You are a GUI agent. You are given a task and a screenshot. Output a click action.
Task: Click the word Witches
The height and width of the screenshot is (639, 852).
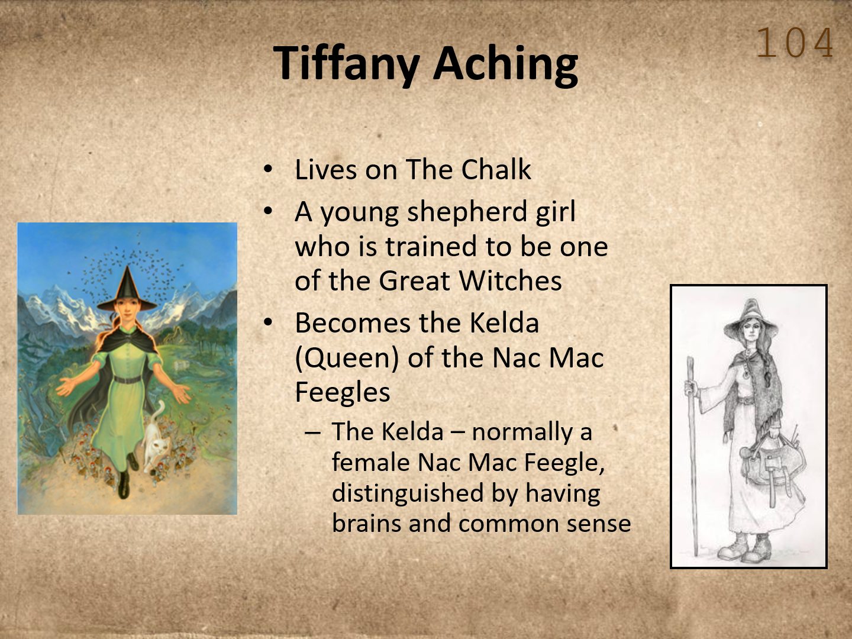pyautogui.click(x=511, y=280)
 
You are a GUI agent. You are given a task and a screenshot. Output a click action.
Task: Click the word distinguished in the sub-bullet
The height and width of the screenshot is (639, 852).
pyautogui.click(x=408, y=494)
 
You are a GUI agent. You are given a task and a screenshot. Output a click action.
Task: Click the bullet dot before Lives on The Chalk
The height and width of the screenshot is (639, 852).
pyautogui.click(x=268, y=169)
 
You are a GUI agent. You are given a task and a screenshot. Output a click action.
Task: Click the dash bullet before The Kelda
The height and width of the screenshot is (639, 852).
pyautogui.click(x=313, y=433)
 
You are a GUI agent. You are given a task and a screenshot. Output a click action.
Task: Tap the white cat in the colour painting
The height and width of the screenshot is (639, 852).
pyautogui.click(x=156, y=443)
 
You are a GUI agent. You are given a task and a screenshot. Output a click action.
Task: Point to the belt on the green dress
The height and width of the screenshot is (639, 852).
pyautogui.click(x=127, y=379)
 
